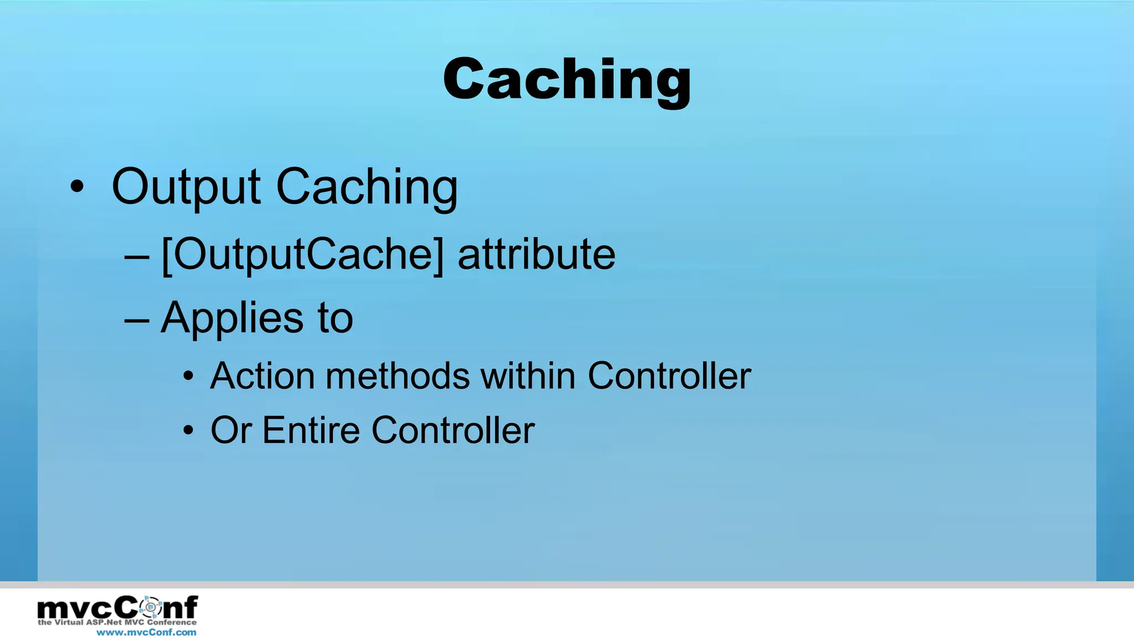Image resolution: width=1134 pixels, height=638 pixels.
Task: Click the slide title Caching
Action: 567,80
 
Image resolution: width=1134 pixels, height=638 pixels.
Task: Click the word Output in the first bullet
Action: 185,187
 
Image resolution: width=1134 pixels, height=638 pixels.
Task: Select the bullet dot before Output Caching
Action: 77,187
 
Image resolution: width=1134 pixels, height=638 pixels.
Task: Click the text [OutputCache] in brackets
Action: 303,255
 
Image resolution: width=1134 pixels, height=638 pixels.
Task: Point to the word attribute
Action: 536,254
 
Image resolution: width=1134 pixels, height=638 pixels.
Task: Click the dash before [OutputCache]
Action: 137,257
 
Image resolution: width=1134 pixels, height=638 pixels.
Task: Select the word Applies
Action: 232,318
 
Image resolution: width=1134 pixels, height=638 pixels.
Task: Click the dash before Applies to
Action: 137,321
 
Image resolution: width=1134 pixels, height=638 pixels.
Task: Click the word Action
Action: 262,376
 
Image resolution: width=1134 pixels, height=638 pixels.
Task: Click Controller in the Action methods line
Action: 669,376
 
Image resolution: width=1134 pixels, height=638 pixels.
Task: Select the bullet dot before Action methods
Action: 189,377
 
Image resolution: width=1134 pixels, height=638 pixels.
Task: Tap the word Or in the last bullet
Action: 231,430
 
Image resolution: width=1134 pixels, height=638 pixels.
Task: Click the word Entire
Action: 311,430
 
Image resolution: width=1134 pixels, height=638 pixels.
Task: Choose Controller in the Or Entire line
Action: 452,430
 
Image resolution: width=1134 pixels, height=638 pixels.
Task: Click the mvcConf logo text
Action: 117,608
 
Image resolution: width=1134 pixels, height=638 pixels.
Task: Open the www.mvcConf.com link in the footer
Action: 146,632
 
